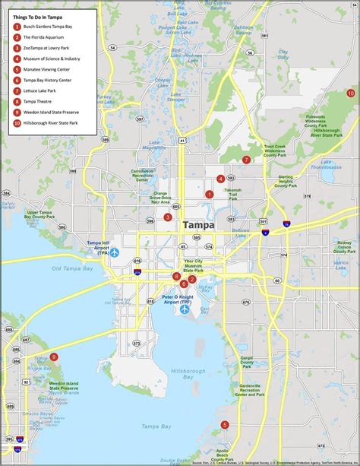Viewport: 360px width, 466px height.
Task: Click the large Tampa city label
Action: click(198, 225)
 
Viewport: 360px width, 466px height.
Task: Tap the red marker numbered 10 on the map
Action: click(350, 93)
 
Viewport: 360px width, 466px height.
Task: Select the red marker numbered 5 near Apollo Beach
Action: click(224, 425)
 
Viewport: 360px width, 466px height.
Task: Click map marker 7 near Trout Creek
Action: click(246, 160)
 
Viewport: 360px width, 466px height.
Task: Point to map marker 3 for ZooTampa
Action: click(168, 217)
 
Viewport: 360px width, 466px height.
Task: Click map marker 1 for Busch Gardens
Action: click(209, 194)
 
